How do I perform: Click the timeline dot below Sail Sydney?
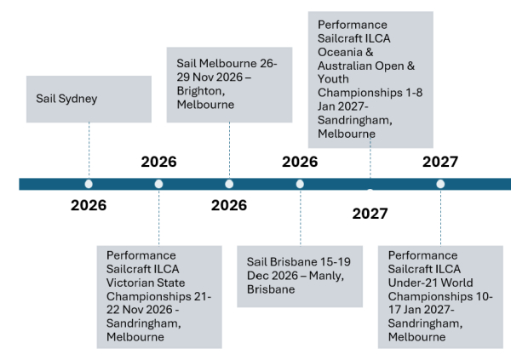coord(89,184)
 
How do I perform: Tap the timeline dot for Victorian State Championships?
coord(159,184)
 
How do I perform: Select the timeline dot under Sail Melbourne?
coord(229,184)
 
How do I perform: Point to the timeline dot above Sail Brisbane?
coord(300,184)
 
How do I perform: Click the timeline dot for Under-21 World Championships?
coord(440,184)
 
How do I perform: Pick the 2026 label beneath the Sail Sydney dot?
coord(89,205)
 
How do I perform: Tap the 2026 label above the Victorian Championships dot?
coord(159,162)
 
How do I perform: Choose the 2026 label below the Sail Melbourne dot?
coord(229,205)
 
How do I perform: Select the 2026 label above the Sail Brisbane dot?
coord(300,162)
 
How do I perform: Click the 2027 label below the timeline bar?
coord(370,213)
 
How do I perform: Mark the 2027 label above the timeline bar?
coord(440,162)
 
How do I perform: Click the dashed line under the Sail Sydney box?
coord(89,145)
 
